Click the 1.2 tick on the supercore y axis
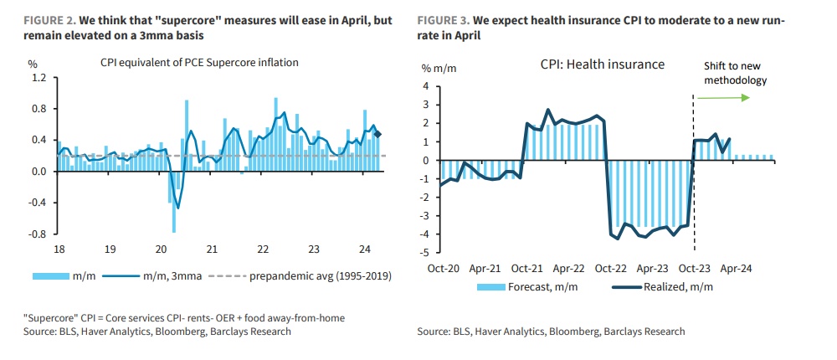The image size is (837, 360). pos(39,78)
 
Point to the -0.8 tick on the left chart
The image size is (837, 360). pos(37,234)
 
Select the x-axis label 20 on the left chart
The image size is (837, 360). pos(162,249)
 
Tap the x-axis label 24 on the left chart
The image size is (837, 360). pos(364,249)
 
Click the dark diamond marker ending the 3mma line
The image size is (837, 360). pos(378,134)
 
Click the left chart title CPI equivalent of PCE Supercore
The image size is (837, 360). pos(199,62)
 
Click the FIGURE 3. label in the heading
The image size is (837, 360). pos(448,18)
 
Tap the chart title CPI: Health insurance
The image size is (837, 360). pos(602,64)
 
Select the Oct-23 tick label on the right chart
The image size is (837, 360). pos(694,270)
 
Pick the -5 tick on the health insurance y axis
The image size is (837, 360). pos(425,252)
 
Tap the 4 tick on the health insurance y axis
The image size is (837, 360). pos(426,86)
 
